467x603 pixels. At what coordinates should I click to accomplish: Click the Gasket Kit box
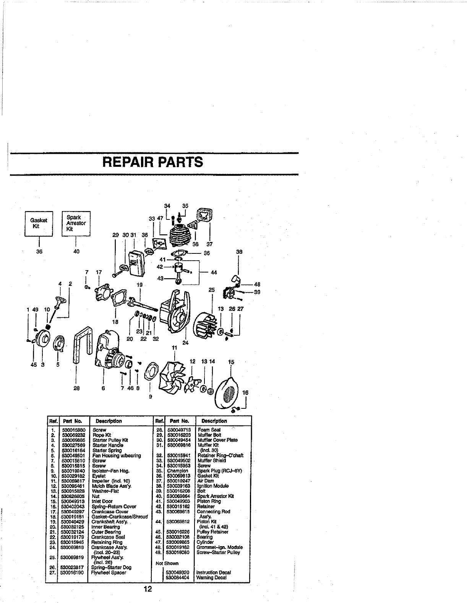click(39, 223)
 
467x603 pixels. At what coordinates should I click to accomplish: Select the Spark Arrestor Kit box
click(76, 223)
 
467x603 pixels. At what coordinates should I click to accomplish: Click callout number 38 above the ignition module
click(239, 252)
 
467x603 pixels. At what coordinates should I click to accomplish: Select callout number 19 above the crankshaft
click(140, 285)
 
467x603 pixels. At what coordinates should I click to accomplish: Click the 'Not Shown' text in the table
click(167, 563)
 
